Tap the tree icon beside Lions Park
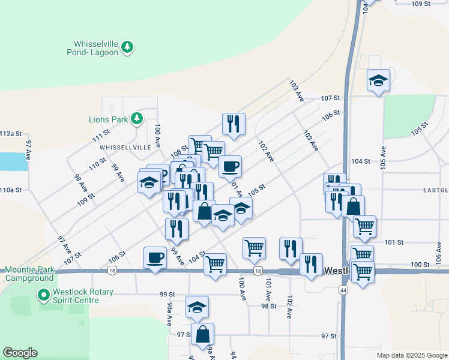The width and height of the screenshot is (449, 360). [137, 118]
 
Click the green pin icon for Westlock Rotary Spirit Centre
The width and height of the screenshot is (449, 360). [43, 295]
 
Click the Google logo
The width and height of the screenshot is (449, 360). [20, 353]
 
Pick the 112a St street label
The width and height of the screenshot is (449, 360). [11, 133]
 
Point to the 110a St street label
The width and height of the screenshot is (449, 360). [11, 190]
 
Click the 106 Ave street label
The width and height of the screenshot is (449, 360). [439, 253]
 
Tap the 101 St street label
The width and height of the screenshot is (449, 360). [394, 242]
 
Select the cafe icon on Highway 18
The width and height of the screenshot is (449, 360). [155, 258]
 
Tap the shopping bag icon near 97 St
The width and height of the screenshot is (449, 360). [203, 335]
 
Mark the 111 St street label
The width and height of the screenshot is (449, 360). [101, 136]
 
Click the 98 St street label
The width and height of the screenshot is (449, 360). [268, 306]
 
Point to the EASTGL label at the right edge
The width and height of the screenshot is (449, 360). [435, 190]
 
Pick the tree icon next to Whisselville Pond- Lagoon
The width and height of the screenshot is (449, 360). [127, 46]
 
